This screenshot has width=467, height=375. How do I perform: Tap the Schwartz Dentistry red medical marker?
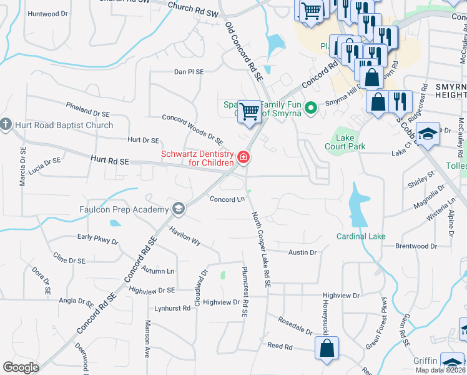coord(243,157)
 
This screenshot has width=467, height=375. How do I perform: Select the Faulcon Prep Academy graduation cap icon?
coord(179,209)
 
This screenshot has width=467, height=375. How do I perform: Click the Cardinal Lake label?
coord(361,236)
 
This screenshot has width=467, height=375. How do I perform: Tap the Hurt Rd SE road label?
coord(109,161)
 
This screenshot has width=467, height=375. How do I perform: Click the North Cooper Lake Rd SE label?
coord(261,249)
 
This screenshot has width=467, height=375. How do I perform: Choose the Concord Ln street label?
coord(225,199)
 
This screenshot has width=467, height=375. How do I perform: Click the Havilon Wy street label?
coord(184,236)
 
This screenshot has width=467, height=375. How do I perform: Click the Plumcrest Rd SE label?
coord(245,287)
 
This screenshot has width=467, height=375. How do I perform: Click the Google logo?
coord(21,367)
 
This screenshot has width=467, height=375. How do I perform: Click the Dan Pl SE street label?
coord(189,72)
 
